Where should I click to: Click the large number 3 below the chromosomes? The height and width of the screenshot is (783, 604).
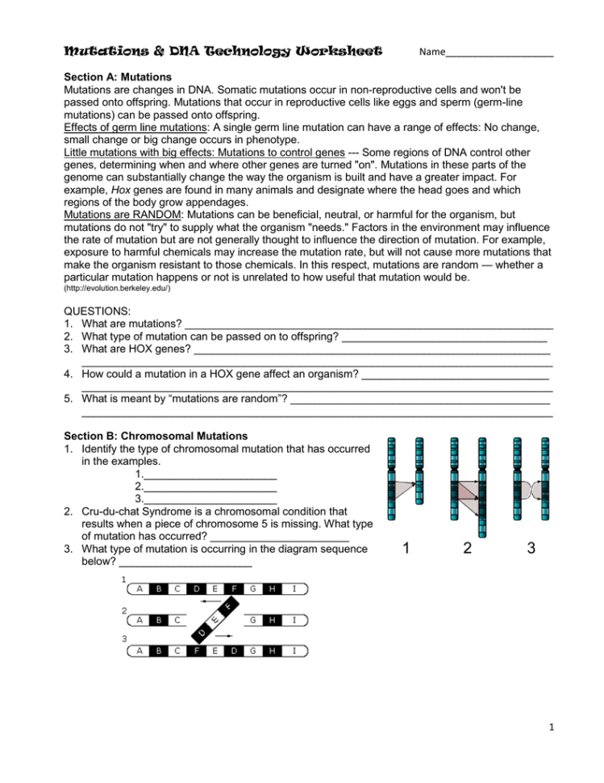[531, 549]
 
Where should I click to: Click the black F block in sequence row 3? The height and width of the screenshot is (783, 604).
[197, 650]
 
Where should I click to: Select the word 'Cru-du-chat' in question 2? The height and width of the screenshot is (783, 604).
[111, 511]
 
